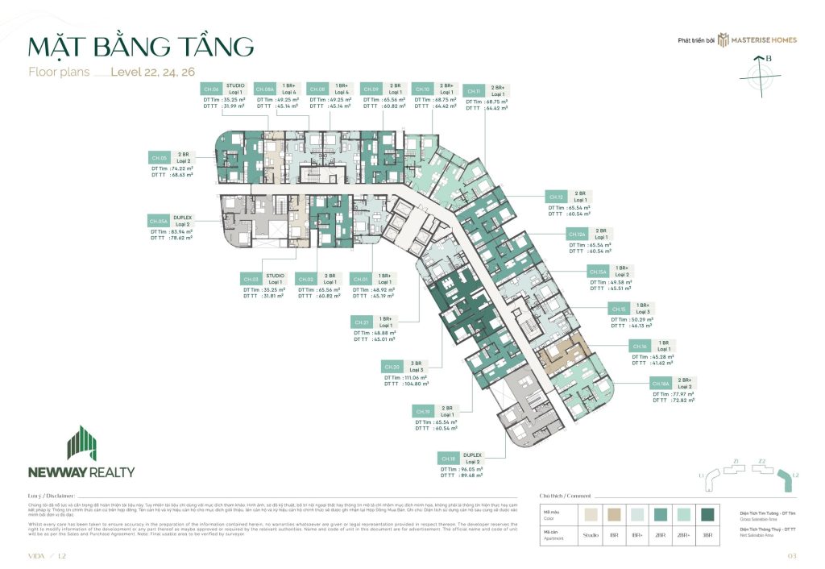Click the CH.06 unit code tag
(212, 89)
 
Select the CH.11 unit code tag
(475, 91)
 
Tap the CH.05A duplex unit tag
(158, 220)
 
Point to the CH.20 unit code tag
(392, 366)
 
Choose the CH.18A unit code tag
(661, 384)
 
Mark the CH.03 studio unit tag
(251, 279)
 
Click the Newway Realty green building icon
(81, 442)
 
